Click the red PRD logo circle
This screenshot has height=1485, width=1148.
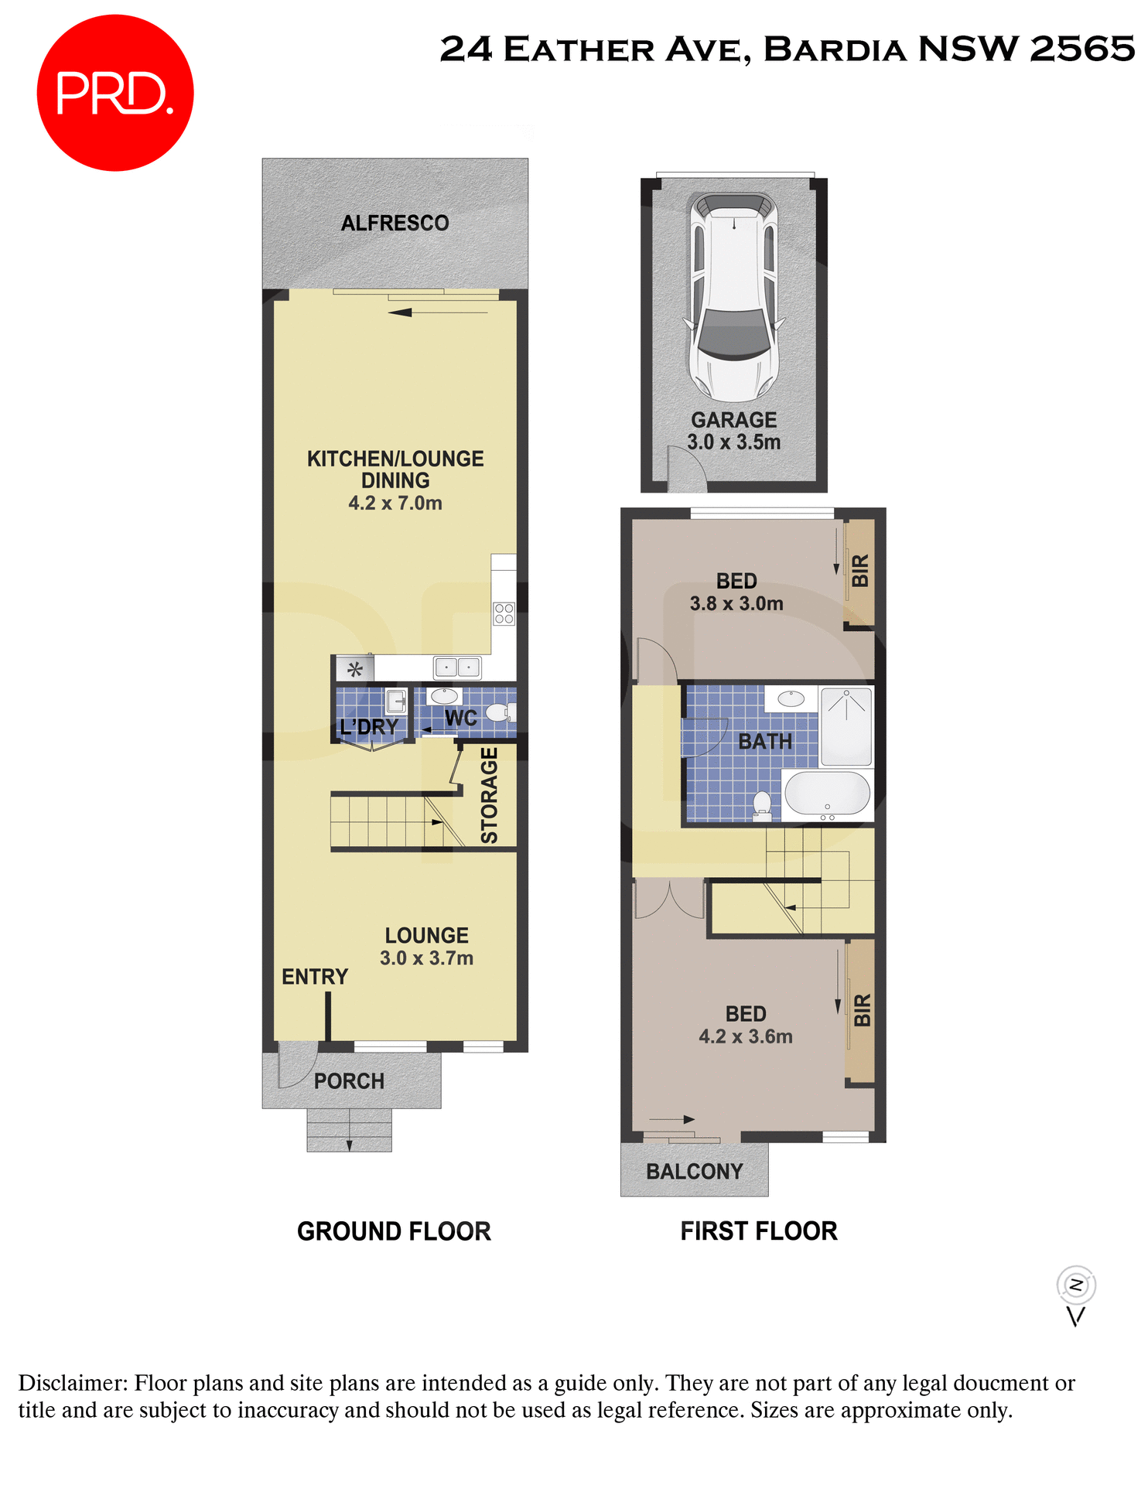click(114, 93)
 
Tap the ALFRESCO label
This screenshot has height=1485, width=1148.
click(395, 224)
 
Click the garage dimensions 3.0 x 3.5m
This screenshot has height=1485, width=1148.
click(733, 442)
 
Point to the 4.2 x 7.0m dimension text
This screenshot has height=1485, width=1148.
click(395, 504)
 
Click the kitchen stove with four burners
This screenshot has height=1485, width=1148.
click(504, 614)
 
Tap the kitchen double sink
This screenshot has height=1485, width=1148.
click(457, 667)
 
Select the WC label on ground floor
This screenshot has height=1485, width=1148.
click(460, 719)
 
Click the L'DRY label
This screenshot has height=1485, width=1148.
click(368, 727)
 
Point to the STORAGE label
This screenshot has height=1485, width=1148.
click(489, 795)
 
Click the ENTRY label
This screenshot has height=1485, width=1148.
click(314, 977)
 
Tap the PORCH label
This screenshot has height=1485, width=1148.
click(349, 1081)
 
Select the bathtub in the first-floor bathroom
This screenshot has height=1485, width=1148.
click(827, 794)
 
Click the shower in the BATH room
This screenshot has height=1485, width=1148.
click(846, 725)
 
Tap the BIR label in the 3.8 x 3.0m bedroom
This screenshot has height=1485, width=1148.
click(860, 571)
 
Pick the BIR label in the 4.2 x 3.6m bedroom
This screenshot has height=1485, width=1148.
click(862, 1010)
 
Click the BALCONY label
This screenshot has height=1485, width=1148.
click(694, 1172)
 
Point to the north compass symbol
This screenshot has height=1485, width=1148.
click(1076, 1285)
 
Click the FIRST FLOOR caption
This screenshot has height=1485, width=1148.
click(758, 1231)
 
